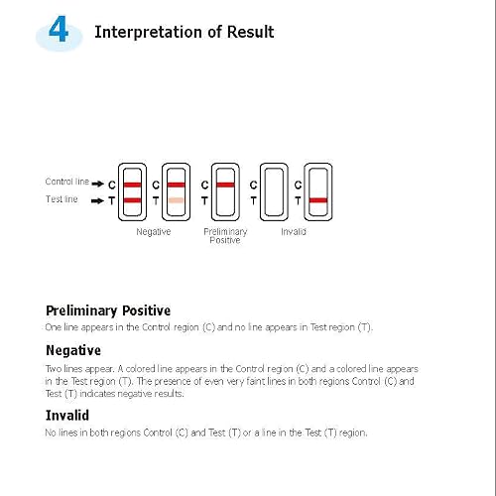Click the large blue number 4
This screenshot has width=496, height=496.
click(x=59, y=29)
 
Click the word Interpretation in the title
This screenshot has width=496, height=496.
click(x=148, y=33)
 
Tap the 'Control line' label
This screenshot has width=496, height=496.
click(x=67, y=182)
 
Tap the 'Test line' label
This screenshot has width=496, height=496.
click(x=62, y=199)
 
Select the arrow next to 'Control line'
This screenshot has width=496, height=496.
click(x=98, y=184)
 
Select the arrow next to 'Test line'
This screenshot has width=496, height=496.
click(x=97, y=200)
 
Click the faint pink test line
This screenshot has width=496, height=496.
click(x=176, y=200)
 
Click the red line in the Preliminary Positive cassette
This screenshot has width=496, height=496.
click(x=225, y=185)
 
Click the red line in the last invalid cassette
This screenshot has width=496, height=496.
click(x=318, y=200)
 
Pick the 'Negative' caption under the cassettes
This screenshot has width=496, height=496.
click(x=154, y=232)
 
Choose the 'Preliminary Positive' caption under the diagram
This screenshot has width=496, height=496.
click(x=225, y=236)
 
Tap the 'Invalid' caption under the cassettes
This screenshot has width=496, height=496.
click(x=294, y=232)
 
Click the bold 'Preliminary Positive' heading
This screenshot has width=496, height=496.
click(x=108, y=310)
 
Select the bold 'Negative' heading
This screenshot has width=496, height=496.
click(x=73, y=350)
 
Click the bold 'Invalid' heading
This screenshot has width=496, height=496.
click(x=67, y=416)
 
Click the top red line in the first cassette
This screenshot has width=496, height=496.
click(x=132, y=185)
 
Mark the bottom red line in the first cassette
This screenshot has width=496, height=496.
click(x=132, y=200)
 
